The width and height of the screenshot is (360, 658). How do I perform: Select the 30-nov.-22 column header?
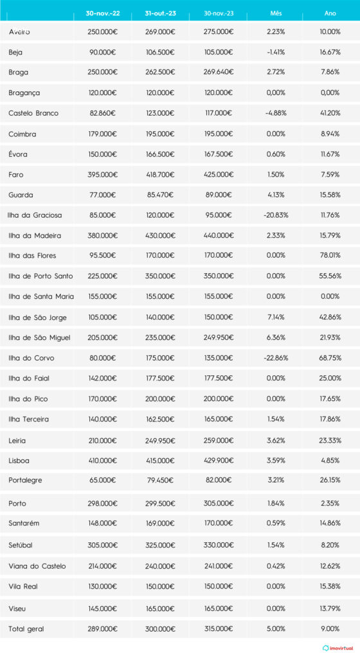(102, 13)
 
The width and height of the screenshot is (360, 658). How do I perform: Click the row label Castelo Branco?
(33, 113)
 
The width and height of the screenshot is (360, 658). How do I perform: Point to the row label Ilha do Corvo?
(30, 358)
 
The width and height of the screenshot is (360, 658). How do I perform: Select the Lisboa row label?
(19, 460)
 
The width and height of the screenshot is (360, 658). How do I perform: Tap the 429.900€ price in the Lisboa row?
(217, 460)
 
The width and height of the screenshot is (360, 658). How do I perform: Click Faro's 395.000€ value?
(102, 174)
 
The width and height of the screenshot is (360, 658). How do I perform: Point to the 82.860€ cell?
(102, 113)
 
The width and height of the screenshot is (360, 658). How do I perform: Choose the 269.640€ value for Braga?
(217, 73)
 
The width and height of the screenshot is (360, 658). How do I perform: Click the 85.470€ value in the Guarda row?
(160, 195)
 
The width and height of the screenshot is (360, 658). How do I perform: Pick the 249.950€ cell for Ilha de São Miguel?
(217, 337)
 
